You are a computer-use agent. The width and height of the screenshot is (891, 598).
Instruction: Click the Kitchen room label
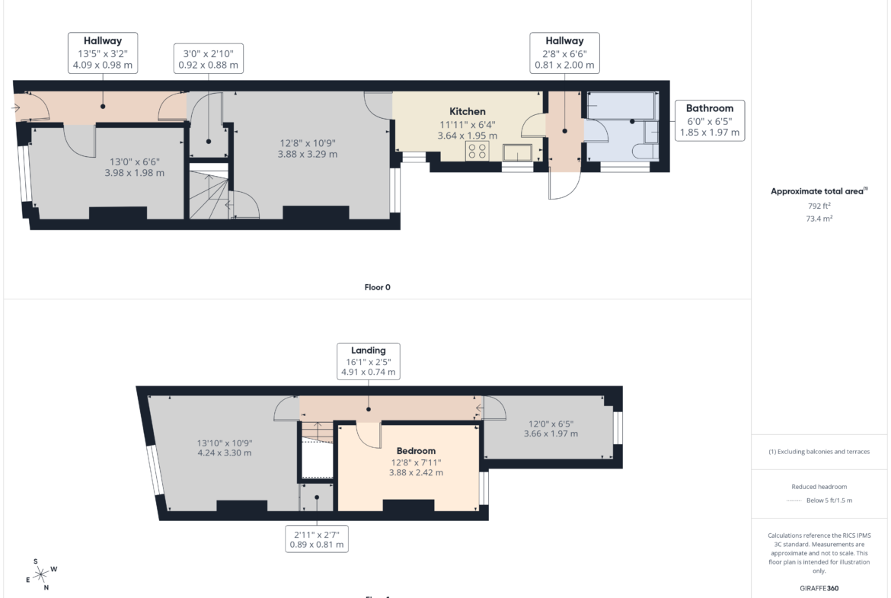467,111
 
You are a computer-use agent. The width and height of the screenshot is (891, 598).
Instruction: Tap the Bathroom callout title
709,108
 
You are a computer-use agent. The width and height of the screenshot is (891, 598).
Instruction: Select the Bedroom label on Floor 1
416,451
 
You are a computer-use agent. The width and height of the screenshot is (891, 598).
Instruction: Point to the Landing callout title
369,350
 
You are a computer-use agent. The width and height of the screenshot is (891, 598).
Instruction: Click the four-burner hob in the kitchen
477,151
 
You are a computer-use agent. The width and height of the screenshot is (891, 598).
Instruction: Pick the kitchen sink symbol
518,152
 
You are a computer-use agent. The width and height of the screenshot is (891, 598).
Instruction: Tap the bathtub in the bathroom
621,106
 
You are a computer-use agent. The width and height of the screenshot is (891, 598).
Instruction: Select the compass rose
41,574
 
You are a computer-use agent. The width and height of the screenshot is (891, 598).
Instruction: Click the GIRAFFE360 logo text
819,588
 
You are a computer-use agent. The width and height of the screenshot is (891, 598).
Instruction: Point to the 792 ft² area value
819,206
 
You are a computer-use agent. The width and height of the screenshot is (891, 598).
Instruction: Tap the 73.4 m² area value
819,219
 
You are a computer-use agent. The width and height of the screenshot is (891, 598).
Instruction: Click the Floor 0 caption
377,287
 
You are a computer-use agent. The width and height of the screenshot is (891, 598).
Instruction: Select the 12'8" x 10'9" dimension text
308,143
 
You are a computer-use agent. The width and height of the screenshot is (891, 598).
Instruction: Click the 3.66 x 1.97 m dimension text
551,433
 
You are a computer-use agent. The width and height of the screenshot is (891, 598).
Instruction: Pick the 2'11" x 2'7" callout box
317,539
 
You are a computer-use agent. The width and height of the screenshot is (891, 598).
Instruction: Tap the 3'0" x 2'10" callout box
208,59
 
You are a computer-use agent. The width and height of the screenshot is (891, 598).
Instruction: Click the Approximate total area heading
819,191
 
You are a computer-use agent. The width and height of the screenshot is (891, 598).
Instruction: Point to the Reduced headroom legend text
819,487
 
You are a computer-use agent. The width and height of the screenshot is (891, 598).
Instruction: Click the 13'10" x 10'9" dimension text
225,443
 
